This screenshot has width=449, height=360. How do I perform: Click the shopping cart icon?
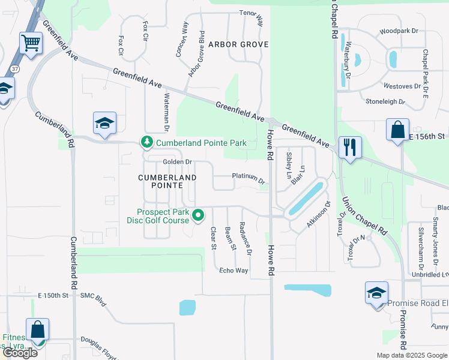(31, 43)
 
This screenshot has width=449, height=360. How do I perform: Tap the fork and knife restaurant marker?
(350, 147)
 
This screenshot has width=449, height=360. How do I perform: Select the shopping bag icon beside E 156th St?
(397, 130)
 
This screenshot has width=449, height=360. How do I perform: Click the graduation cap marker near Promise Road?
(376, 293)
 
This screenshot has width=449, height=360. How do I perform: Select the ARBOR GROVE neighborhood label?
(238, 44)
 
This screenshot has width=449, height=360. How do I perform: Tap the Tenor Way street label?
(252, 18)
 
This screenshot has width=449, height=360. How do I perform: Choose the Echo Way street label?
(234, 271)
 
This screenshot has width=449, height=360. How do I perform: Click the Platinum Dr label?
(249, 178)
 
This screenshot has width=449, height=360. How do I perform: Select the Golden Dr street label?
(177, 162)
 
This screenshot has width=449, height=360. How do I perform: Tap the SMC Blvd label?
(93, 296)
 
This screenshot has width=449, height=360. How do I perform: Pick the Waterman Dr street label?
(166, 112)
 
